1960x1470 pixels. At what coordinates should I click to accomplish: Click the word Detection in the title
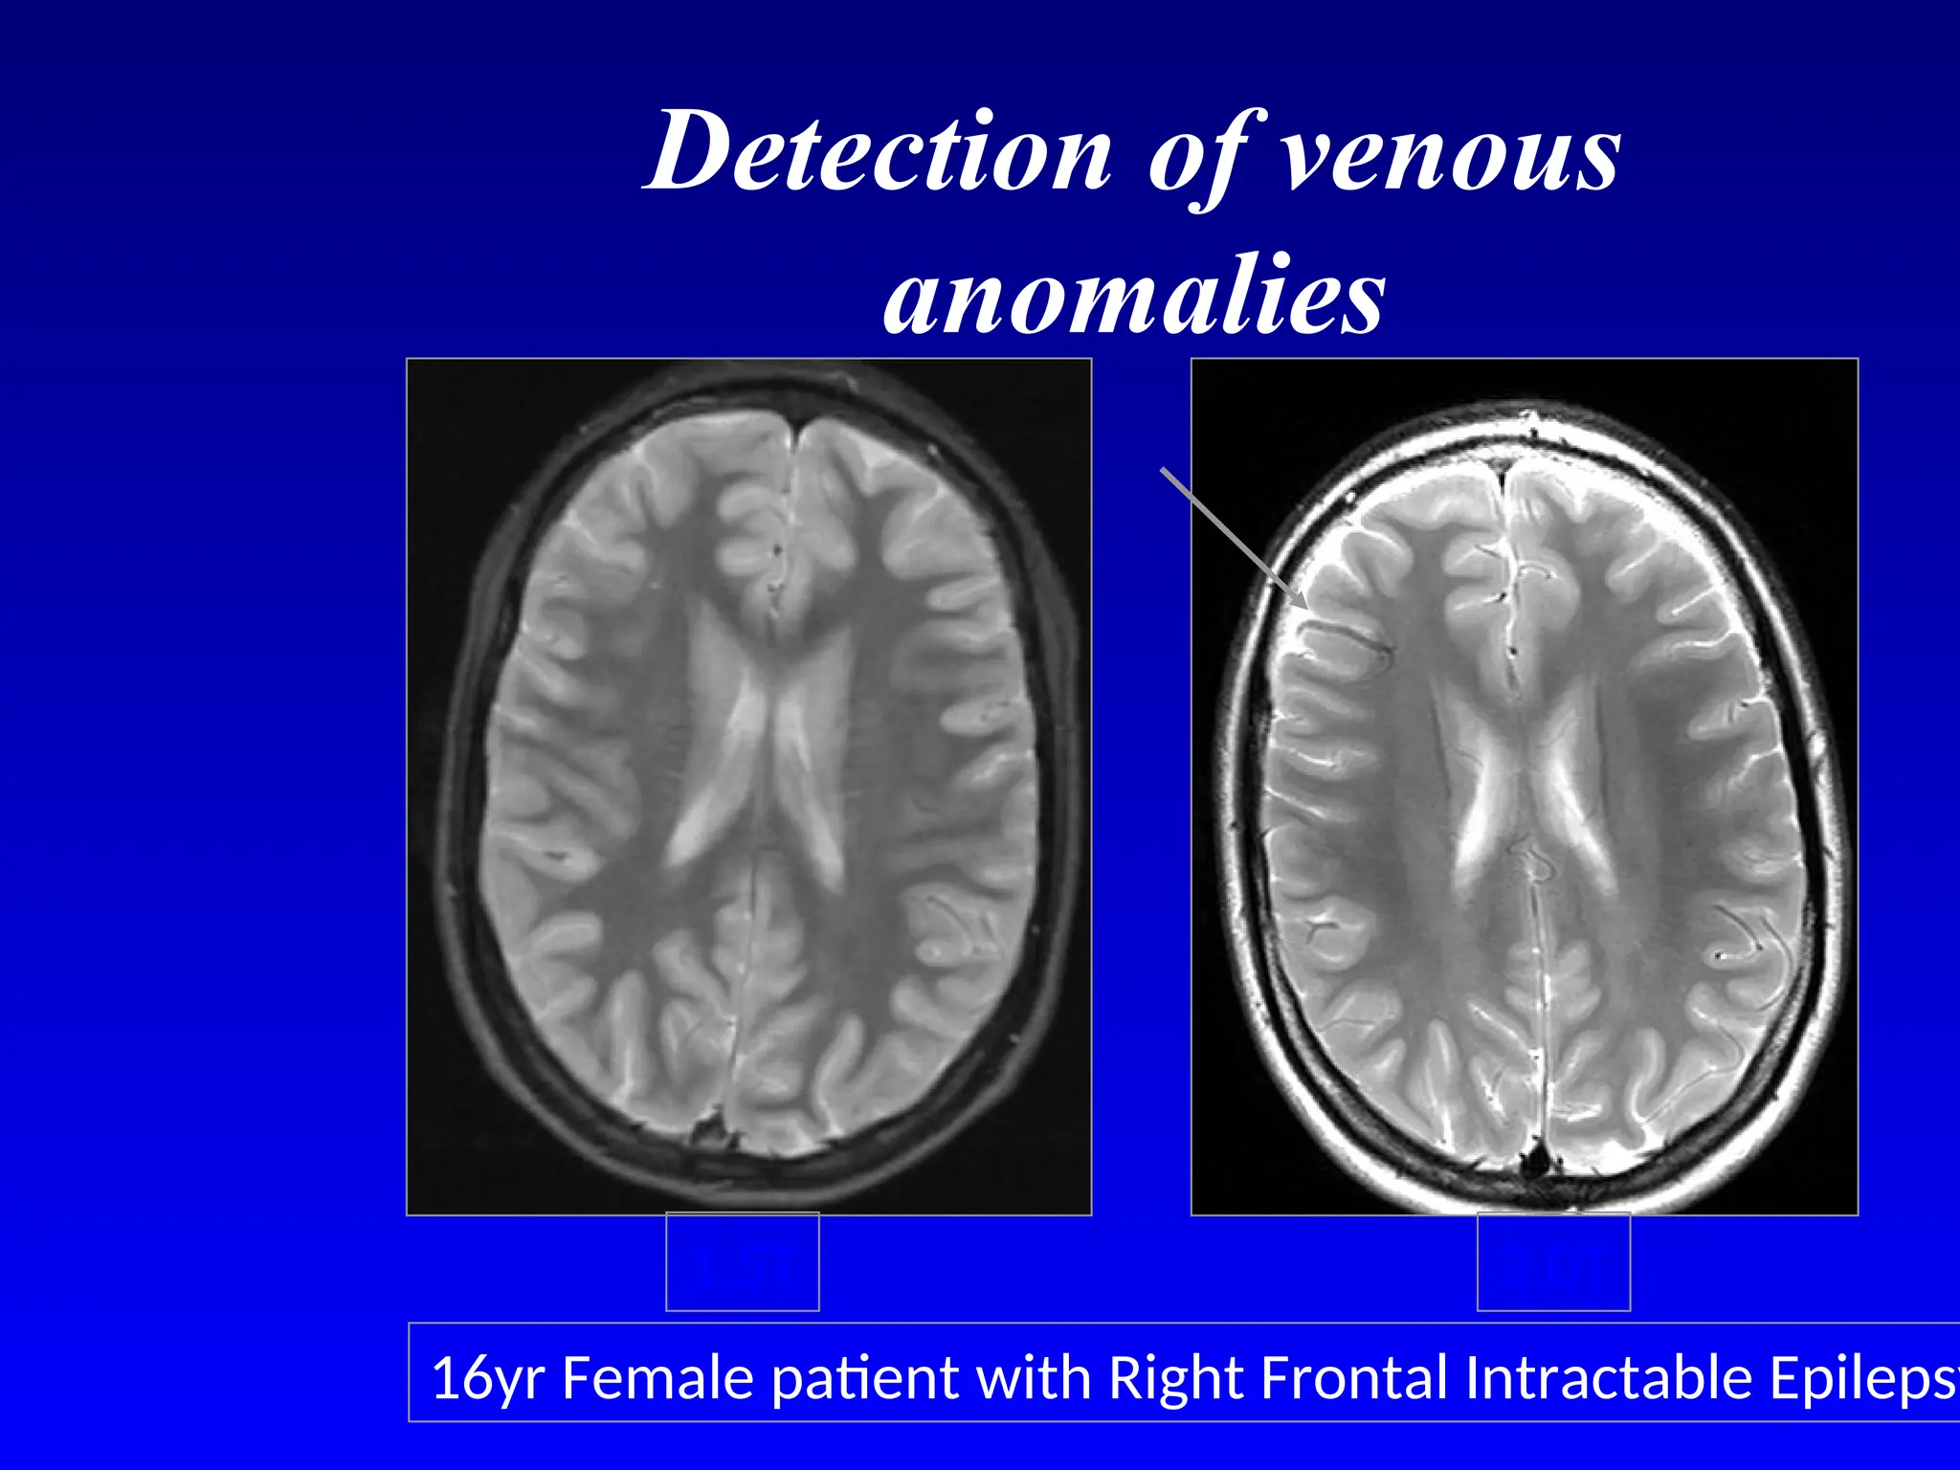click(879, 151)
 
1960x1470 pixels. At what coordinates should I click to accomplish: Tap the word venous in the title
click(1450, 151)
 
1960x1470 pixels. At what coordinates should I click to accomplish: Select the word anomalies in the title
click(1134, 295)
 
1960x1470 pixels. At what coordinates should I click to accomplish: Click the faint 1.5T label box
click(742, 1261)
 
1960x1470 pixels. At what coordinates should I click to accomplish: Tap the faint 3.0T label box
click(1553, 1261)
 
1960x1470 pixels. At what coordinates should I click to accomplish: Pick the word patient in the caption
click(863, 1379)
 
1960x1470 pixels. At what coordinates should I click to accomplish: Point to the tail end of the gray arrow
click(1162, 469)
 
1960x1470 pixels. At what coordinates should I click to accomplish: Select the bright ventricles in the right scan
click(1522, 775)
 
